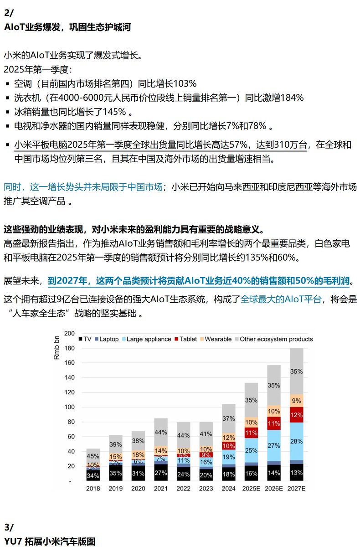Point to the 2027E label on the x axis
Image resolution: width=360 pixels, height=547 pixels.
296,488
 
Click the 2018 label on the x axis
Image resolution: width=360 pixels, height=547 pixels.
93,488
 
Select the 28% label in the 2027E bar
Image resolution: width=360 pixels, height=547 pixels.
296,441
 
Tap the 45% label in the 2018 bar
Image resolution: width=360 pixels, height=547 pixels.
93,456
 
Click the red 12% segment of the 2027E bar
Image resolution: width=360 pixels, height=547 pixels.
296,415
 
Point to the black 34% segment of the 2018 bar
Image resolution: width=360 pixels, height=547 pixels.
93,476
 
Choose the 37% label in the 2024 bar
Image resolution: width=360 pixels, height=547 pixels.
229,418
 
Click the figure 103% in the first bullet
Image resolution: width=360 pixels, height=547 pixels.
185,84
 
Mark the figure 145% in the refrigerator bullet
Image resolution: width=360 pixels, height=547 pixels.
116,112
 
